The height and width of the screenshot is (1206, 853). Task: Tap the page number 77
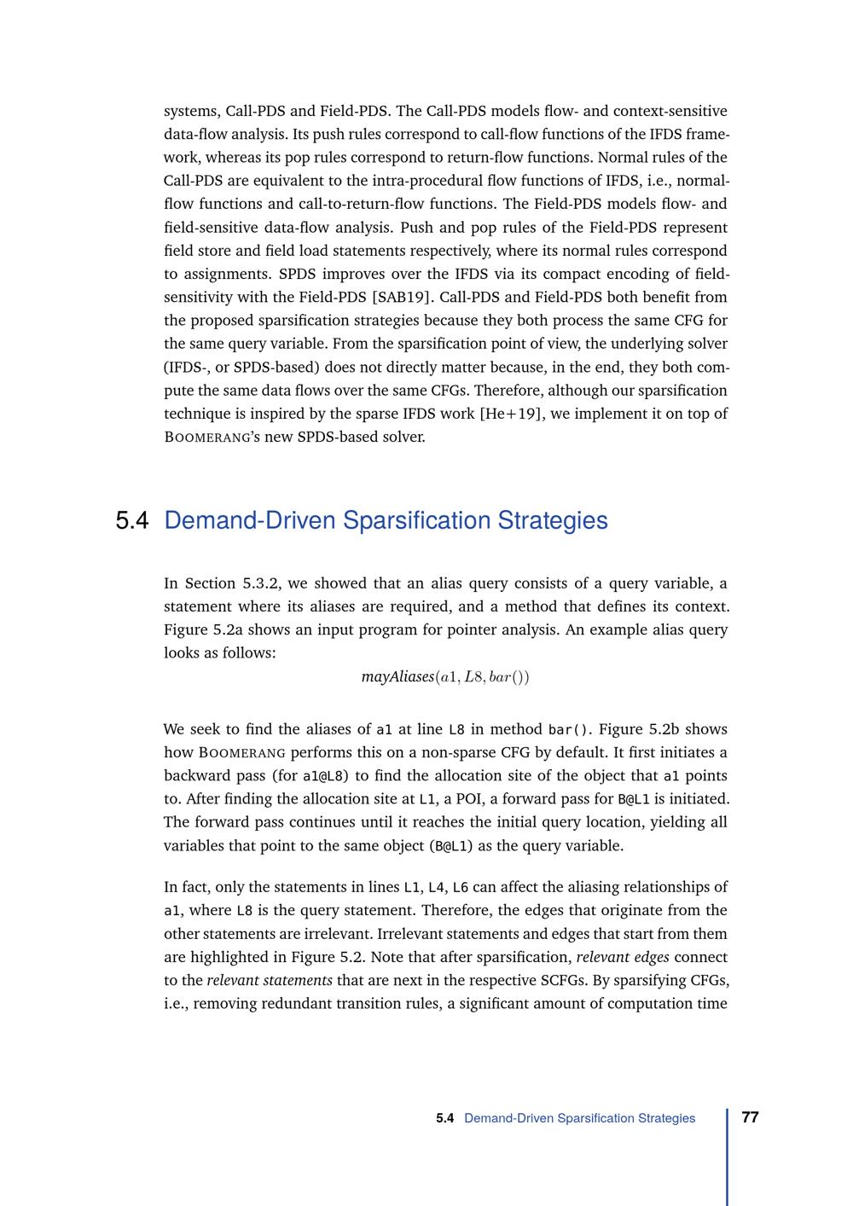751,1117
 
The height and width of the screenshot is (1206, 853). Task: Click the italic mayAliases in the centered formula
397,676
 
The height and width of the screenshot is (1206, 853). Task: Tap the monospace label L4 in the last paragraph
436,887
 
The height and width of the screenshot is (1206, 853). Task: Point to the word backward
197,776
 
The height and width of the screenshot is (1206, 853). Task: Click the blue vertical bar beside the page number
728,1156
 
